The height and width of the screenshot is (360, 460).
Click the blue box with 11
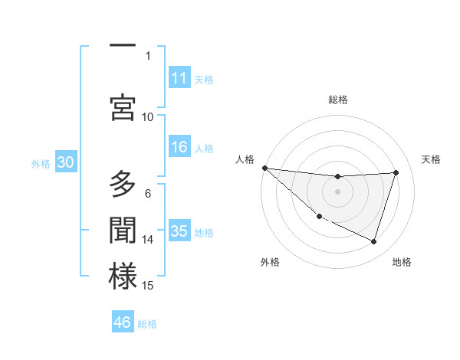tap(179, 78)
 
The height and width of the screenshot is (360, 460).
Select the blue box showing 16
tap(179, 148)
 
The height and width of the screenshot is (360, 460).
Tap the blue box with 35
tap(179, 232)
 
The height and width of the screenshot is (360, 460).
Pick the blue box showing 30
tap(65, 162)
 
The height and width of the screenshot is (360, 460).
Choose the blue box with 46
tap(123, 322)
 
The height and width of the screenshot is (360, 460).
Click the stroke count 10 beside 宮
tap(148, 116)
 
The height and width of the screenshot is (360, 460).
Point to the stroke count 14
tap(148, 240)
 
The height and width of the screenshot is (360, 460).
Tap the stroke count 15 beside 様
tap(148, 286)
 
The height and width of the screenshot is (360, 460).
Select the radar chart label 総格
tap(338, 100)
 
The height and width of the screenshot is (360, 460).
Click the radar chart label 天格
tap(432, 159)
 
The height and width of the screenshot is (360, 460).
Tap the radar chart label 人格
tap(245, 159)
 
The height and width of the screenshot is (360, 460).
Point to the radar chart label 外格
tap(270, 262)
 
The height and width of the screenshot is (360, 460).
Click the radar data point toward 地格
tap(374, 242)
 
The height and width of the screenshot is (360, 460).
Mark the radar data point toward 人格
tap(264, 168)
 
